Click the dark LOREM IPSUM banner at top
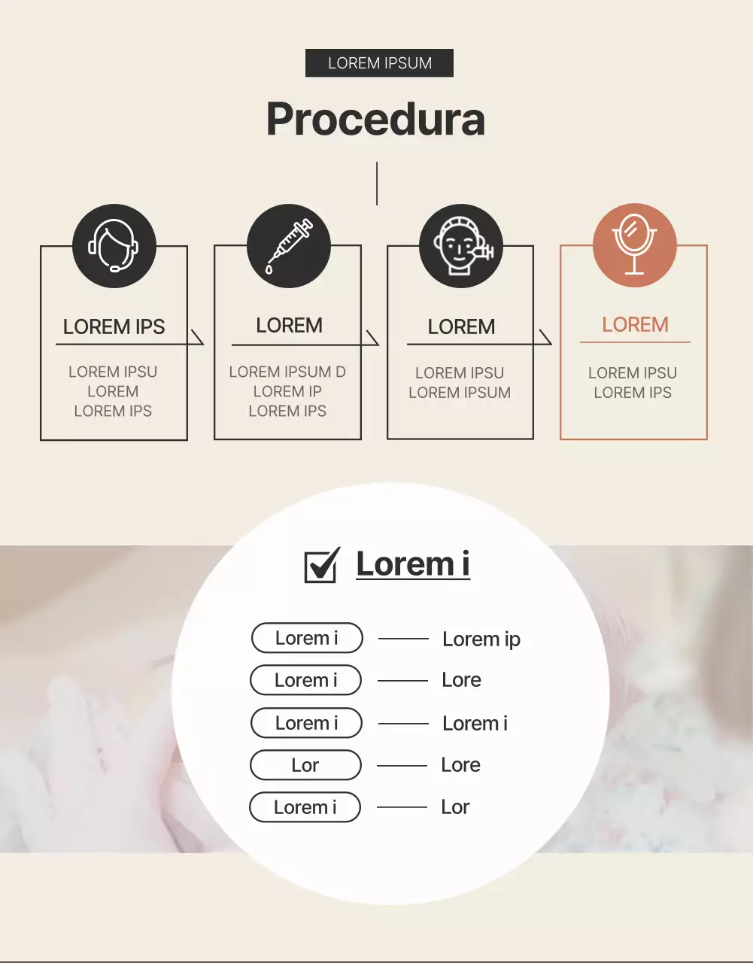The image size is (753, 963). [x=379, y=63]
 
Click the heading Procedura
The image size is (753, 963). [x=375, y=119]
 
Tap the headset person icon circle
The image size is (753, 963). [x=114, y=246]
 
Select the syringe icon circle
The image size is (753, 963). [x=289, y=246]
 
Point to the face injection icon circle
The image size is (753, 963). [x=460, y=246]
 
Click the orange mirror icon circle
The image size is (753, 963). [x=635, y=245]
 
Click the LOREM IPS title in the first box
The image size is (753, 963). [x=114, y=327]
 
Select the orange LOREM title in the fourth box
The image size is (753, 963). [x=635, y=324]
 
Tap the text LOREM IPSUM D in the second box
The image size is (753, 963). [x=287, y=372]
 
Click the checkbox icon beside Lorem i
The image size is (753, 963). [x=322, y=565]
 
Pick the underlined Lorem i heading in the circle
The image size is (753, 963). [x=413, y=564]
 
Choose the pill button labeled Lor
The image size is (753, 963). [x=305, y=765]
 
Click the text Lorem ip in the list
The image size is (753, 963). [x=481, y=639]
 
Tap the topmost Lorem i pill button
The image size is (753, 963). [x=307, y=638]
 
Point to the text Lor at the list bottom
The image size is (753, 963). [x=455, y=807]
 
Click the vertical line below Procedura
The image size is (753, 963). [x=377, y=183]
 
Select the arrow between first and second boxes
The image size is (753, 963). [x=197, y=337]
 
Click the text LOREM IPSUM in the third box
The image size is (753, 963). [x=460, y=393]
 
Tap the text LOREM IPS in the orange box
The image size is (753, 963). [x=633, y=393]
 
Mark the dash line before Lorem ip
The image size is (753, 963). [x=403, y=639]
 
